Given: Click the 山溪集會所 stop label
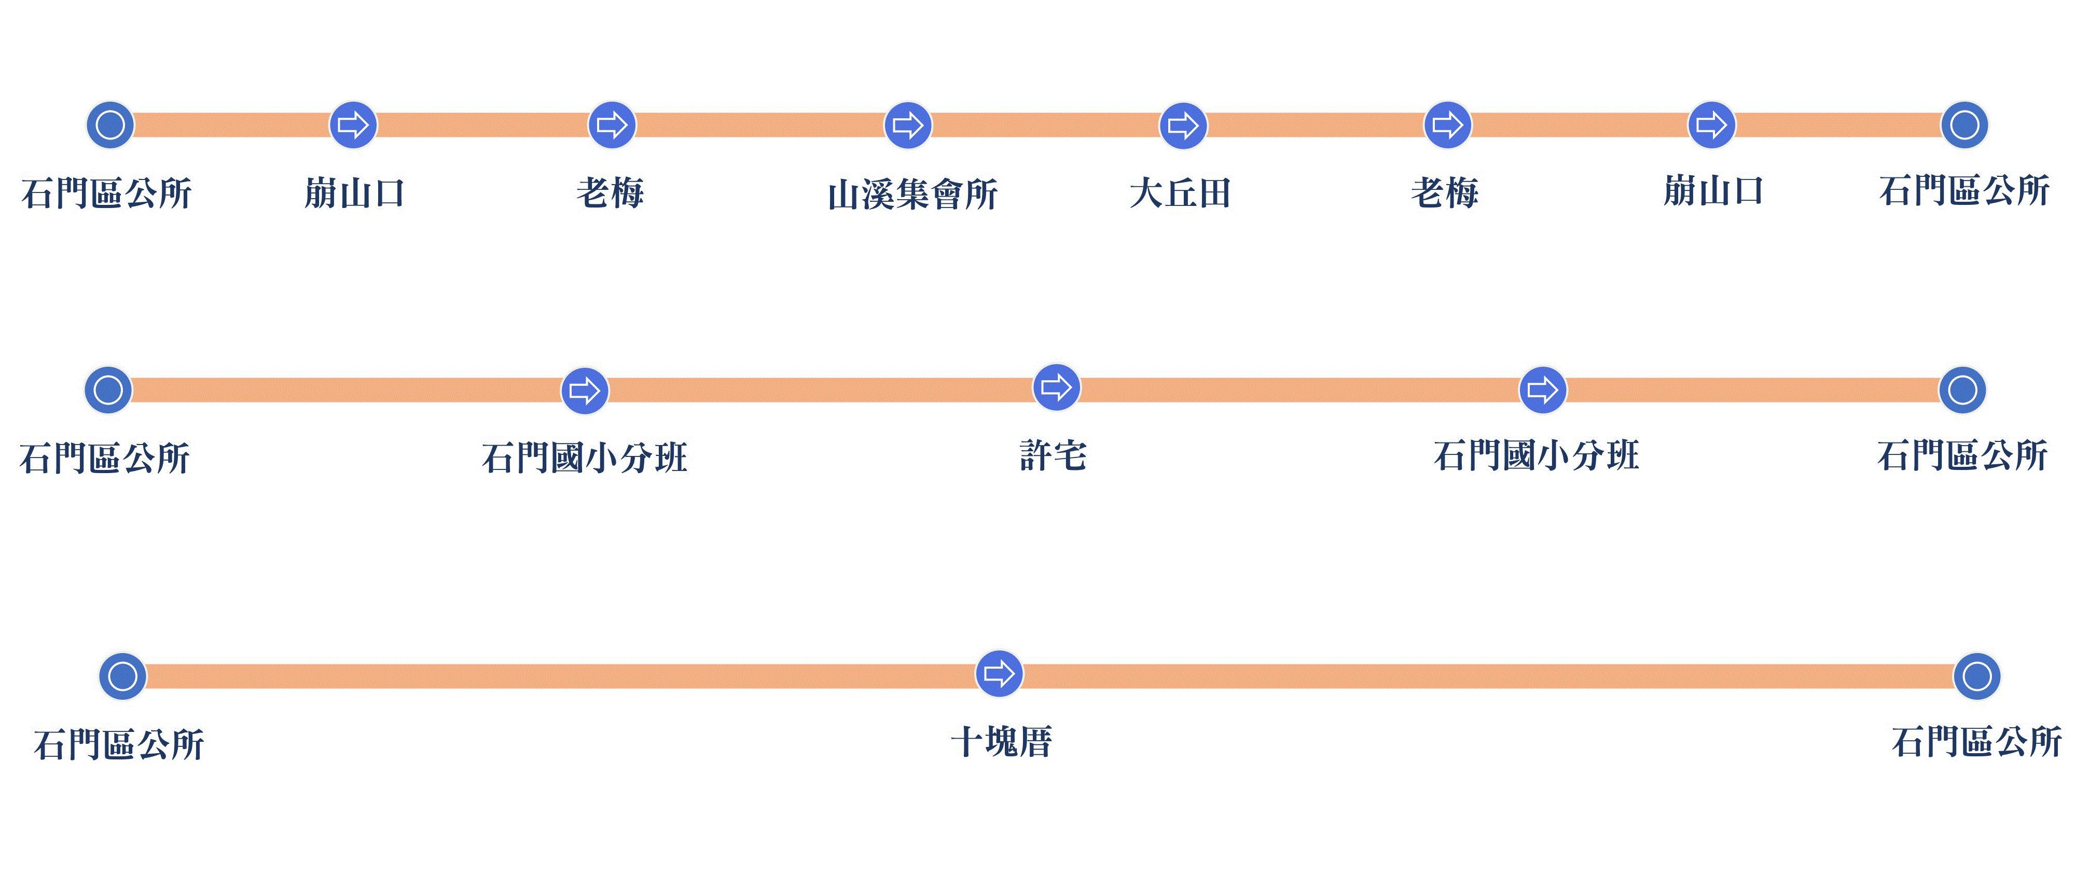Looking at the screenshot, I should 912,194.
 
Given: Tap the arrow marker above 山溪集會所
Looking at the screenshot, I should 908,126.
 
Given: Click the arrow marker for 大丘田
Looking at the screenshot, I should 1183,126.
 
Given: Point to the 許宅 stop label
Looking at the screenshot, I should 1053,456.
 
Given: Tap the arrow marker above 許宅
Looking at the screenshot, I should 1056,388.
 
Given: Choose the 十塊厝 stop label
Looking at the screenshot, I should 1001,742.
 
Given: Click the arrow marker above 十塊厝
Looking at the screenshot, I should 999,673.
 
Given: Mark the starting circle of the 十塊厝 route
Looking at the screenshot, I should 122,676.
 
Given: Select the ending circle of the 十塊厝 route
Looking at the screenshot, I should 1977,676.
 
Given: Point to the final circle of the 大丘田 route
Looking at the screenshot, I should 1965,125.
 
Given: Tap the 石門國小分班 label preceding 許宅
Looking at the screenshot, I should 584,458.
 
